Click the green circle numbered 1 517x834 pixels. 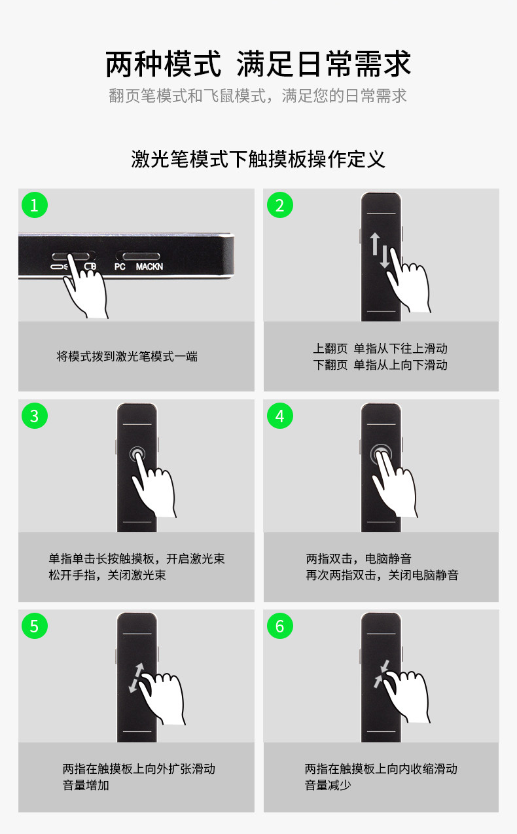[35, 205]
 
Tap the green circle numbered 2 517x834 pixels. [280, 205]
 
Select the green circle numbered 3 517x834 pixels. [35, 416]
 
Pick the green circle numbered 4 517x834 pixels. [280, 416]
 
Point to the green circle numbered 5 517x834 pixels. [35, 626]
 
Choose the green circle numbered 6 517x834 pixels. [280, 626]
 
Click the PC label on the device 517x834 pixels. [120, 266]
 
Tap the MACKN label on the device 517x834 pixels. [149, 266]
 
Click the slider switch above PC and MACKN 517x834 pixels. [141, 256]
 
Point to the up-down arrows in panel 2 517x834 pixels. [380, 250]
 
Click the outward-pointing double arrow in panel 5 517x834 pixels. [136, 678]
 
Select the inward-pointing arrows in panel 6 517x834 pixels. [382, 674]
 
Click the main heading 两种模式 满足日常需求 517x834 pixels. [258, 64]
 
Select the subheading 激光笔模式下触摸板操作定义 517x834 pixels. [258, 159]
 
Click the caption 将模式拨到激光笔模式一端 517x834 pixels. [127, 356]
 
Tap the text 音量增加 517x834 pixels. [86, 785]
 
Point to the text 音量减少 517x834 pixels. [328, 785]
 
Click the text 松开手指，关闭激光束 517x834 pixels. [107, 575]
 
